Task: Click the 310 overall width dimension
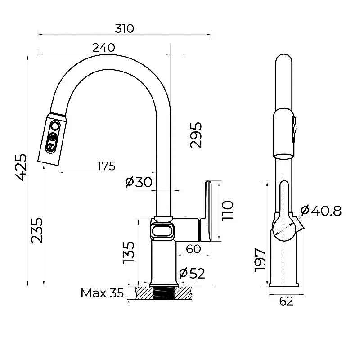125,29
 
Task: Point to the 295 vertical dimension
196,135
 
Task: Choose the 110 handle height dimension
228,210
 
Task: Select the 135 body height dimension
128,252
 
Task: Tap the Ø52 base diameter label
192,273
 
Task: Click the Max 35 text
102,293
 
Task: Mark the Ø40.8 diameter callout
321,210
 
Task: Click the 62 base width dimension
286,301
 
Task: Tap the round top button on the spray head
55,126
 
